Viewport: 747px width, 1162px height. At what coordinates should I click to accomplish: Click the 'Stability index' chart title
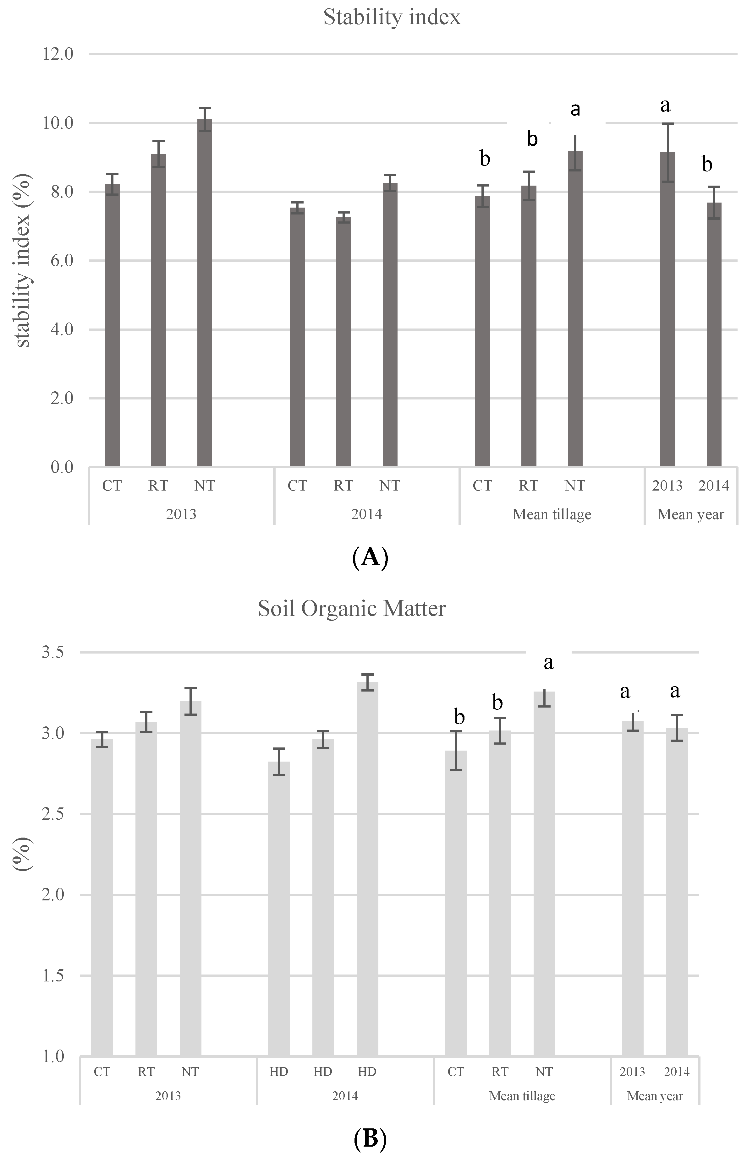point(392,18)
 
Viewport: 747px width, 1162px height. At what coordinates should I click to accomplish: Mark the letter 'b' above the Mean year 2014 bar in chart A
point(707,165)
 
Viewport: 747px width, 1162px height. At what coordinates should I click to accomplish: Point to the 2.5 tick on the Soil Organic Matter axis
point(53,814)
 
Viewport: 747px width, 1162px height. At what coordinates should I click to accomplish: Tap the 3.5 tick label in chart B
point(53,653)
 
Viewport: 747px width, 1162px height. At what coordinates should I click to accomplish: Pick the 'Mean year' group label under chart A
point(690,514)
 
